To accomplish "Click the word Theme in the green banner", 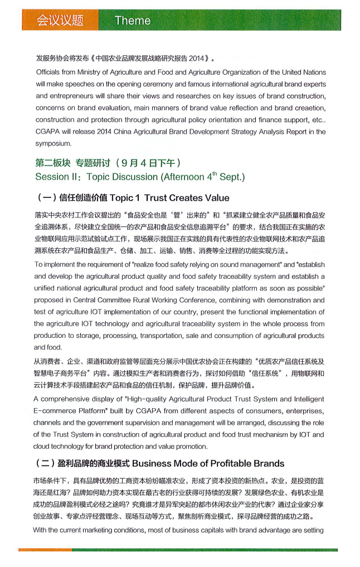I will [132, 21].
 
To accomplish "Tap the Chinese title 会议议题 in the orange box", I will [60, 21].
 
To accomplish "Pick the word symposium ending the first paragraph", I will [53, 143].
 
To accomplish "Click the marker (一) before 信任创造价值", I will [45, 198].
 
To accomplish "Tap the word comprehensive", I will [69, 399].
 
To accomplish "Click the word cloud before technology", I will [43, 446].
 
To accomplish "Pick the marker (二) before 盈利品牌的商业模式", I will [45, 463].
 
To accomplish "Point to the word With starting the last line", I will [42, 530].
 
